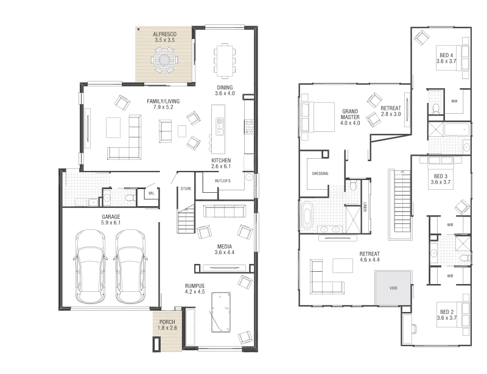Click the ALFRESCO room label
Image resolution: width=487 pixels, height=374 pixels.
click(164, 34)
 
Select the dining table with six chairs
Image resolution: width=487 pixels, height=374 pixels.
click(225, 61)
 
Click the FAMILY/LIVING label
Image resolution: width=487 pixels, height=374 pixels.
click(163, 101)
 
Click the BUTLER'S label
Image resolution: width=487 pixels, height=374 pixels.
click(223, 181)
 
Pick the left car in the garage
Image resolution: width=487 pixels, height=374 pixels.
click(90, 266)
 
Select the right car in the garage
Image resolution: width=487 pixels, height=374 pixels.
click(130, 266)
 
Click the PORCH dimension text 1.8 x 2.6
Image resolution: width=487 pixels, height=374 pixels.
click(167, 328)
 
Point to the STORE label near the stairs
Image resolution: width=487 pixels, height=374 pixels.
click(186, 189)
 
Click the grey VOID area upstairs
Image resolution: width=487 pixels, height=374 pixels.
click(393, 288)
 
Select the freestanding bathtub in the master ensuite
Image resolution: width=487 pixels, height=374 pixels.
click(307, 215)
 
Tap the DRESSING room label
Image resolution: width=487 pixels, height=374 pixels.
click(320, 173)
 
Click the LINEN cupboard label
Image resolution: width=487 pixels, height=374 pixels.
click(365, 207)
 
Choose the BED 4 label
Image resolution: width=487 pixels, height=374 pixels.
click(446, 55)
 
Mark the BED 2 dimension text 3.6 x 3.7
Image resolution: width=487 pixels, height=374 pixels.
click(447, 318)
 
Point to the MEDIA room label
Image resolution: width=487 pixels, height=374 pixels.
click(225, 247)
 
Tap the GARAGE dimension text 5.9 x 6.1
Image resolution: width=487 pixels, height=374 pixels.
click(111, 223)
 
